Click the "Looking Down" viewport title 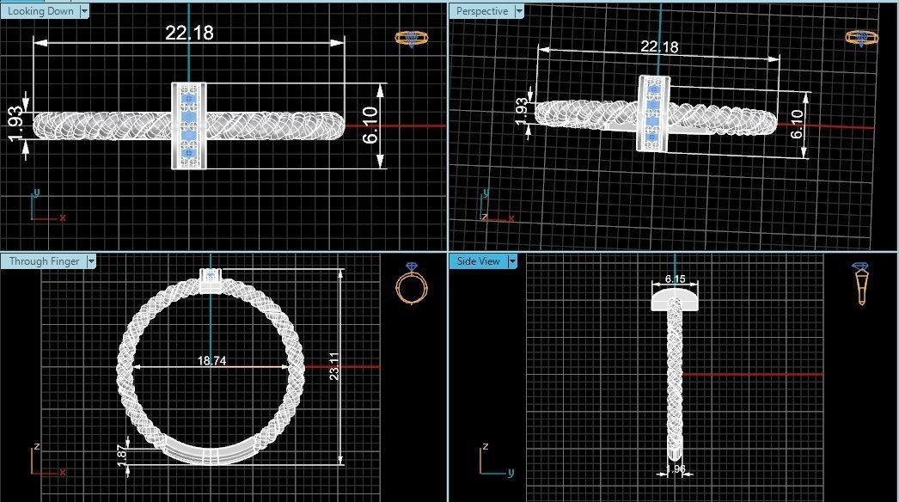pos(40,11)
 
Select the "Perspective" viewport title pos(481,11)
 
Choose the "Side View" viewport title pos(478,261)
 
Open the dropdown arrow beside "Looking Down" pos(84,11)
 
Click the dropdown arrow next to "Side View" pos(512,261)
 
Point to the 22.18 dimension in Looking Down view pos(189,33)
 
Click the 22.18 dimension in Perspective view pos(659,46)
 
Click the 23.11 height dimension pos(334,367)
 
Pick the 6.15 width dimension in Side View pos(676,279)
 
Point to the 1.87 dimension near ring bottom pos(121,455)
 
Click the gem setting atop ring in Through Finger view pos(211,278)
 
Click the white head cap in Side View pos(676,297)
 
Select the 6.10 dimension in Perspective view pos(796,124)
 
